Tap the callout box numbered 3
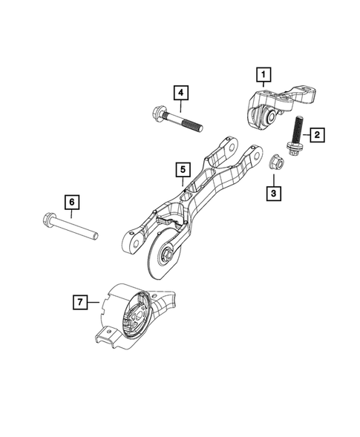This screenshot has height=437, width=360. click(x=273, y=193)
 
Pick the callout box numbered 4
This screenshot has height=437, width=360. click(x=180, y=93)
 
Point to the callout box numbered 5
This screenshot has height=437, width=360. click(x=181, y=170)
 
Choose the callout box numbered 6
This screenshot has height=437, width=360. click(x=72, y=201)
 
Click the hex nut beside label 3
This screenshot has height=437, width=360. click(x=273, y=160)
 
